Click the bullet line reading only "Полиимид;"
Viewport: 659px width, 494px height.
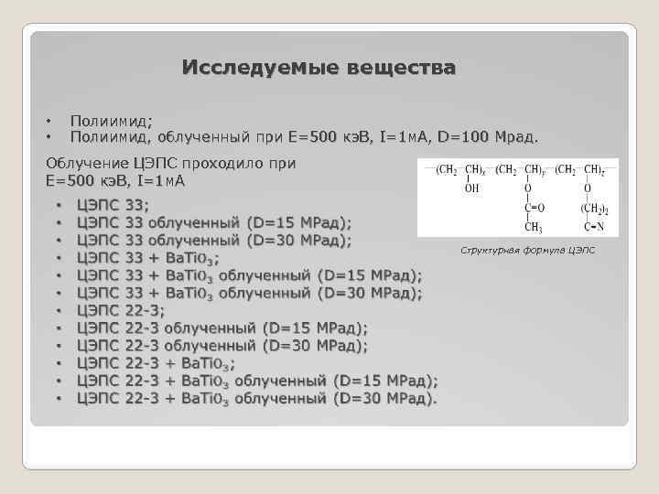112,121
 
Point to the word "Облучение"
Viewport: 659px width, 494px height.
87,164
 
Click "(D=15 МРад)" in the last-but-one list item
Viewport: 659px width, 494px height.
384,381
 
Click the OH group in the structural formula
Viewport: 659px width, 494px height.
471,189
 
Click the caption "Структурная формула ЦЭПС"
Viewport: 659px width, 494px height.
526,249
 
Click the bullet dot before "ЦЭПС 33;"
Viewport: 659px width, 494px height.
59,206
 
